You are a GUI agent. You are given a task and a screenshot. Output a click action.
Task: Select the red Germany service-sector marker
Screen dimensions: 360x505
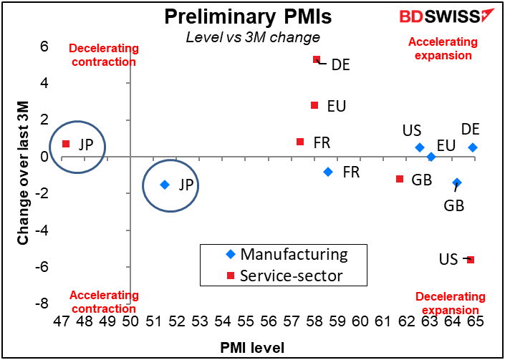coord(317,59)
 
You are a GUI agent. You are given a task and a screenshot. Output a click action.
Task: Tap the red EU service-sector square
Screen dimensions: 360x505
coord(314,105)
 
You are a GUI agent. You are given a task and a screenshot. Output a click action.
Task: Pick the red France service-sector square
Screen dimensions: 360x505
coord(300,142)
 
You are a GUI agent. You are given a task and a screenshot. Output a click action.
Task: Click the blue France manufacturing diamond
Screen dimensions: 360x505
coord(328,172)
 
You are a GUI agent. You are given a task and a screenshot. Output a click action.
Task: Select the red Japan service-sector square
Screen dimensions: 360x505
coord(66,144)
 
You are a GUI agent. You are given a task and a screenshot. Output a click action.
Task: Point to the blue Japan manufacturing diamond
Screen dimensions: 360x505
coord(165,185)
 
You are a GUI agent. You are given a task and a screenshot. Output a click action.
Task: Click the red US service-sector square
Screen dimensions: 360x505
coord(471,260)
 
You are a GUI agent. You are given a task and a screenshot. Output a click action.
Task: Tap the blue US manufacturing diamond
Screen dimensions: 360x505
coord(420,147)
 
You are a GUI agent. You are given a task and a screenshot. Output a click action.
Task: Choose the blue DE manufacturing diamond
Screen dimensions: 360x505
coord(473,147)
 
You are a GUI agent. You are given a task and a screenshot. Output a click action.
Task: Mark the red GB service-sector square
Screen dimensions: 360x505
coord(400,179)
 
